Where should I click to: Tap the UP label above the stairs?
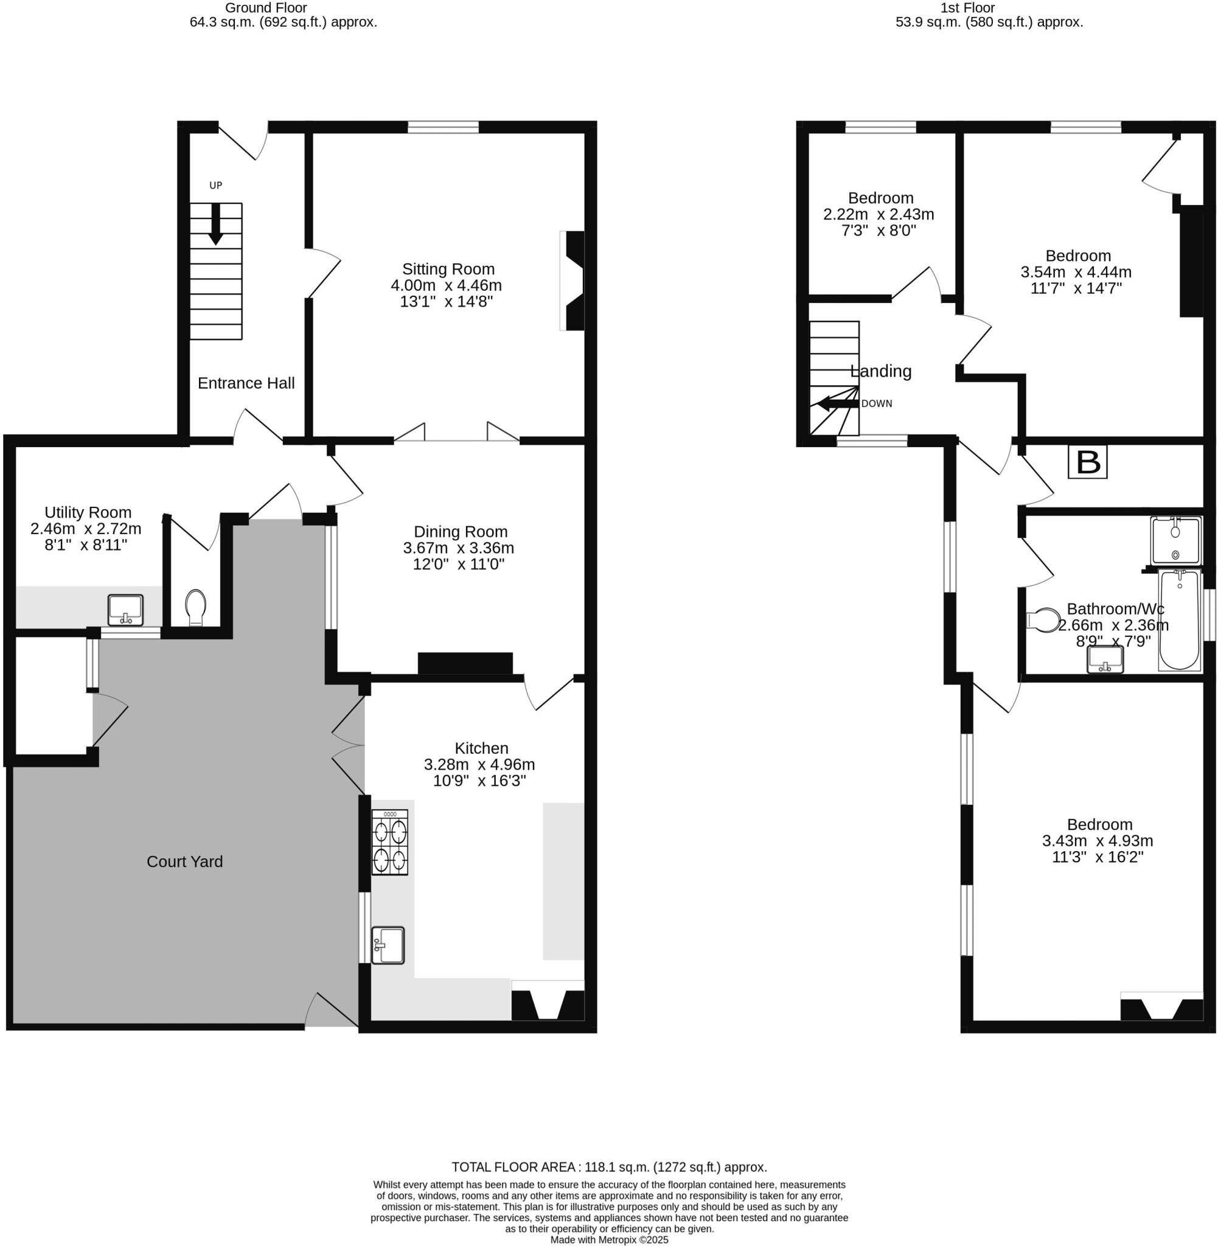(215, 186)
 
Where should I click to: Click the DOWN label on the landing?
(877, 403)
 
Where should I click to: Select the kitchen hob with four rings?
(389, 842)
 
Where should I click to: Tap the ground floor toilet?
(195, 607)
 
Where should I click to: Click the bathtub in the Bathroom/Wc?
(1179, 620)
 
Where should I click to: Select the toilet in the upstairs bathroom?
(1043, 620)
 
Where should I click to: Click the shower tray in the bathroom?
(1175, 540)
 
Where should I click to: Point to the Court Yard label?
(185, 861)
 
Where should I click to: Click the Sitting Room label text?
(448, 270)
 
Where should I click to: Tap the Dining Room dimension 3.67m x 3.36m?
(458, 548)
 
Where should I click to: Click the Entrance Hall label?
(246, 383)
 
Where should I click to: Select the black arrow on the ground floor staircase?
(215, 224)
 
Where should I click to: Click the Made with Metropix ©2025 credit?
(609, 1239)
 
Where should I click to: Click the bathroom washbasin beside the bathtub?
(1105, 659)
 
